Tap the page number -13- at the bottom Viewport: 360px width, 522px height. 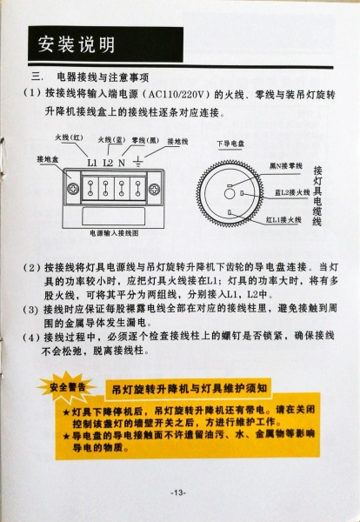click(x=178, y=493)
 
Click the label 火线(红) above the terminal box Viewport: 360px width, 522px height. click(x=70, y=137)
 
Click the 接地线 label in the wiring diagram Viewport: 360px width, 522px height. click(x=177, y=140)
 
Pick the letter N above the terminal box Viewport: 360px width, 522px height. click(x=123, y=162)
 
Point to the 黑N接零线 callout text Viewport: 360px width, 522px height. click(x=284, y=164)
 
